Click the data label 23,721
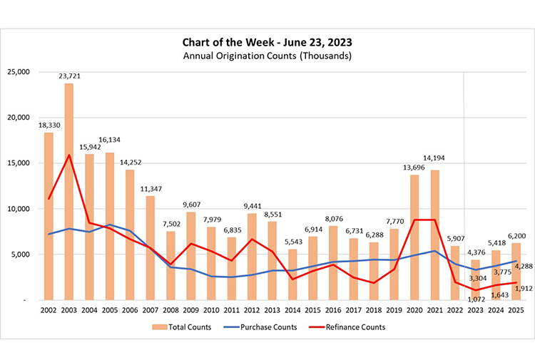coord(69,76)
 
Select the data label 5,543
coord(292,243)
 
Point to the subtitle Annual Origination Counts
coord(267,55)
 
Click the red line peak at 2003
coord(69,155)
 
